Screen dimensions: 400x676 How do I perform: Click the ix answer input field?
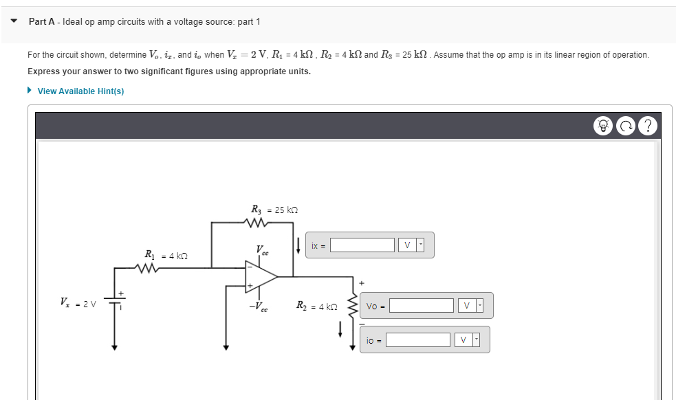[x=362, y=245]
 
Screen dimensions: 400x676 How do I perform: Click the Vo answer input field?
[x=422, y=305]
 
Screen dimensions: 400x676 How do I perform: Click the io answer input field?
[x=417, y=340]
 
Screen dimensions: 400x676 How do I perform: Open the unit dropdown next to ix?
[x=412, y=245]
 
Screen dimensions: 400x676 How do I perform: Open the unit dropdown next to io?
[x=467, y=340]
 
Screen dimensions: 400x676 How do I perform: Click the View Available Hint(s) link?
[x=80, y=91]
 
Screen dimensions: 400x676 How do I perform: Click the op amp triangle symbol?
[x=261, y=276]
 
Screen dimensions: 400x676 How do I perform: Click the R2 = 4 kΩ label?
[x=316, y=305]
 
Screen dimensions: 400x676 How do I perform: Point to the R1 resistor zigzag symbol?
[x=149, y=269]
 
